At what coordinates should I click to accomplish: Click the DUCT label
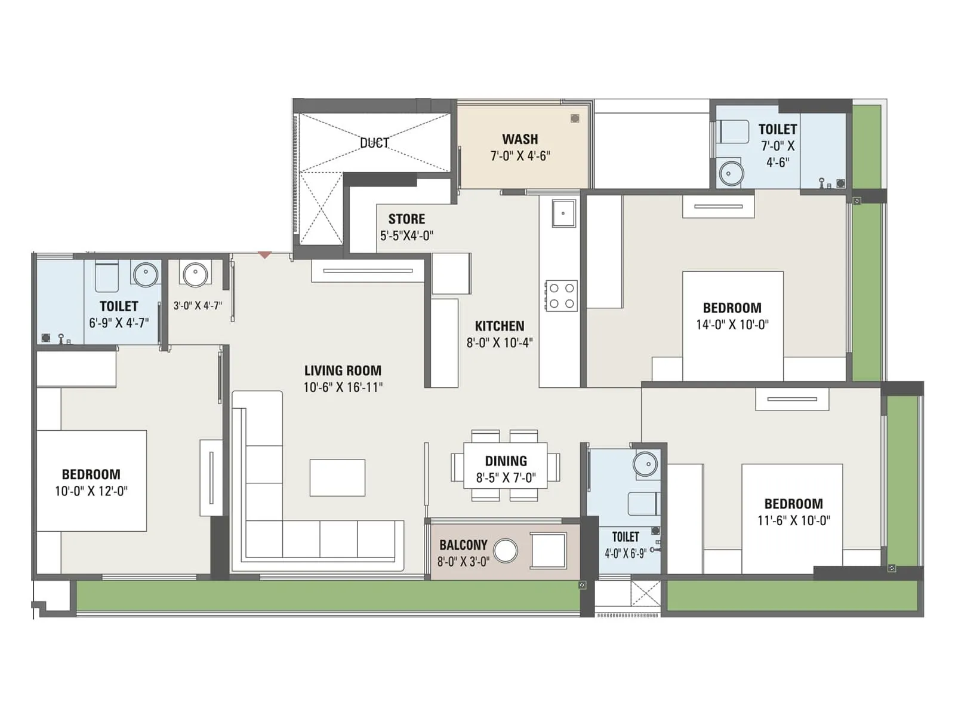coord(374,143)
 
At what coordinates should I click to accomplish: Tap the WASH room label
coord(520,139)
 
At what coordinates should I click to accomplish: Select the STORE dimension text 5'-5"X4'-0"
coord(406,236)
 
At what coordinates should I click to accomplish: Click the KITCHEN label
coord(500,326)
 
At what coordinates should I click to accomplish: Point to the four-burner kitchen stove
coord(561,296)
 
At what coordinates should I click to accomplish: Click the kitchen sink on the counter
coord(563,213)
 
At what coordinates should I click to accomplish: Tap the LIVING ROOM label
coord(343,370)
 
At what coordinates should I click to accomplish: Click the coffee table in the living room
coord(337,477)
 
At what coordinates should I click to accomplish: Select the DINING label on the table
coord(506,461)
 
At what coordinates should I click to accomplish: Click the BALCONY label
coord(463,545)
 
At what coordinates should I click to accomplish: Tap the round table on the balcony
coord(506,550)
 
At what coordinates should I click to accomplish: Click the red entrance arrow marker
coord(264,255)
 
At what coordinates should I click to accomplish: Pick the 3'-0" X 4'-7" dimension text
coord(198,306)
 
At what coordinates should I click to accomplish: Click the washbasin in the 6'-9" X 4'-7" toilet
coord(145,275)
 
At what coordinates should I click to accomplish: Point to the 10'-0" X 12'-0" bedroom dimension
coord(91,491)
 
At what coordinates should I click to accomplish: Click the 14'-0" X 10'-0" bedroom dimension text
coord(732,325)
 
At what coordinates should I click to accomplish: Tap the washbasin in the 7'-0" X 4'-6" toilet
coord(731,174)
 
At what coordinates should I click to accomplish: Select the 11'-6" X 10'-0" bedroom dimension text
coord(793,521)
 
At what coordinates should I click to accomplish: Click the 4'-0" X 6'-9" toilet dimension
coord(626,553)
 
